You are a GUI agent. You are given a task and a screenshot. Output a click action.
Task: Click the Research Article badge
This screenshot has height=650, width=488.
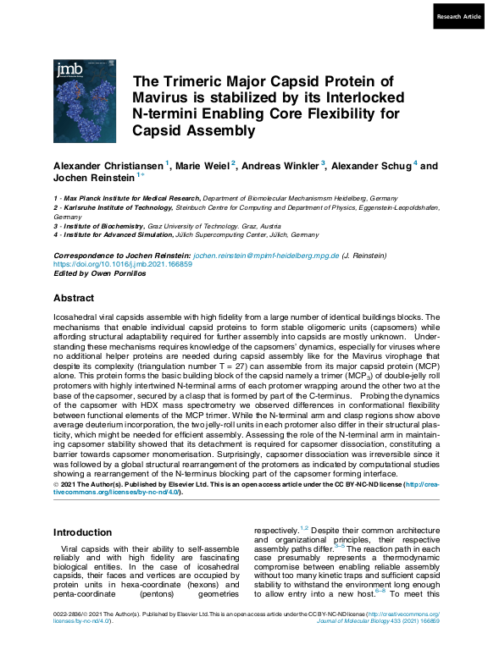coord(458,17)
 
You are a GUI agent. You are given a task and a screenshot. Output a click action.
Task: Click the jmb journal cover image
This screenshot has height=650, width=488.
coord(85,101)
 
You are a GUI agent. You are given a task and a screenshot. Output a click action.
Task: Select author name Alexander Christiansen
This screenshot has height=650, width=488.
coord(108,166)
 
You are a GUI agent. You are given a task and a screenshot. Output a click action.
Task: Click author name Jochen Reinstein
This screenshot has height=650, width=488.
coord(93,179)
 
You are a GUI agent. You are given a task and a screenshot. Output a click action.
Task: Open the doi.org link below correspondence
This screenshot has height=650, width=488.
coord(123,263)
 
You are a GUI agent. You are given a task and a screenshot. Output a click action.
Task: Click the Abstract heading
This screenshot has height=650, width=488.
coord(74,298)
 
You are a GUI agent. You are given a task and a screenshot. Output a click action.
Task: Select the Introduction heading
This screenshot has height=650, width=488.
coord(82,532)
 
